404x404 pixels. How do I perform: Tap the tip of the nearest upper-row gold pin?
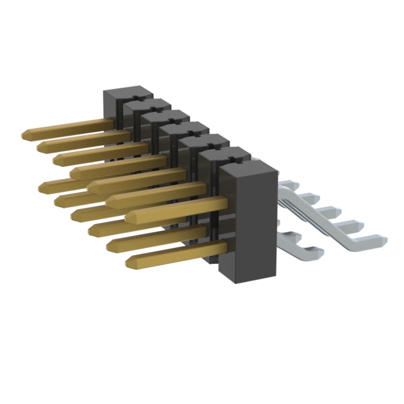click(x=129, y=217)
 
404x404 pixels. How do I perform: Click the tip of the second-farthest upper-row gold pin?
click(x=42, y=146)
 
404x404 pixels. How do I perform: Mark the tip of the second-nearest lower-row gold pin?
click(x=110, y=246)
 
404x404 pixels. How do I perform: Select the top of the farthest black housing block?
click(x=120, y=94)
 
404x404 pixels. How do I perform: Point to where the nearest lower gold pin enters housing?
click(x=225, y=246)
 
